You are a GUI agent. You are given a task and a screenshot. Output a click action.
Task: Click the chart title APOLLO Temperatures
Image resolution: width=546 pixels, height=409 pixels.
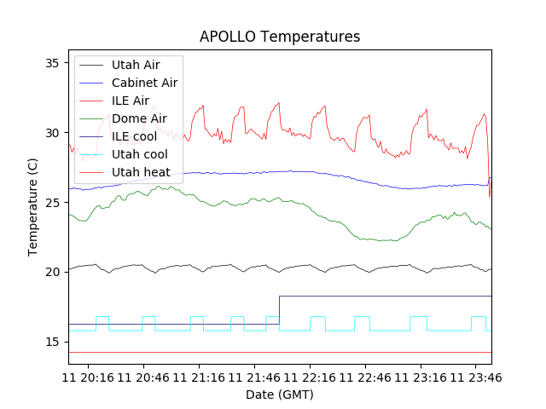[x=280, y=37]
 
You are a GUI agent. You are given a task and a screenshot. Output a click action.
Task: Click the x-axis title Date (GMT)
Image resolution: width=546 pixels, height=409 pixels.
[x=280, y=395]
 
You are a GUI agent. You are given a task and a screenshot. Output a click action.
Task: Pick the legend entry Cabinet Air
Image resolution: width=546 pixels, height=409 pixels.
[x=144, y=83]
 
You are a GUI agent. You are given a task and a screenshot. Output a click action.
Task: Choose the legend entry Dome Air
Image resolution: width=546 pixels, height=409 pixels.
[x=139, y=118]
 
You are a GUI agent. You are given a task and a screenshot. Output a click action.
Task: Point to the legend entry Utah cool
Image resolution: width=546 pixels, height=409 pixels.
[x=139, y=154]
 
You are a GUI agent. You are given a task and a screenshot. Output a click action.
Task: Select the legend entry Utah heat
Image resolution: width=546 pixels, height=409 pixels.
[x=141, y=172]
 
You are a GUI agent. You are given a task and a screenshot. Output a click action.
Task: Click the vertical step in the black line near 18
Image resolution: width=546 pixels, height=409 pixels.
[x=279, y=310]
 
